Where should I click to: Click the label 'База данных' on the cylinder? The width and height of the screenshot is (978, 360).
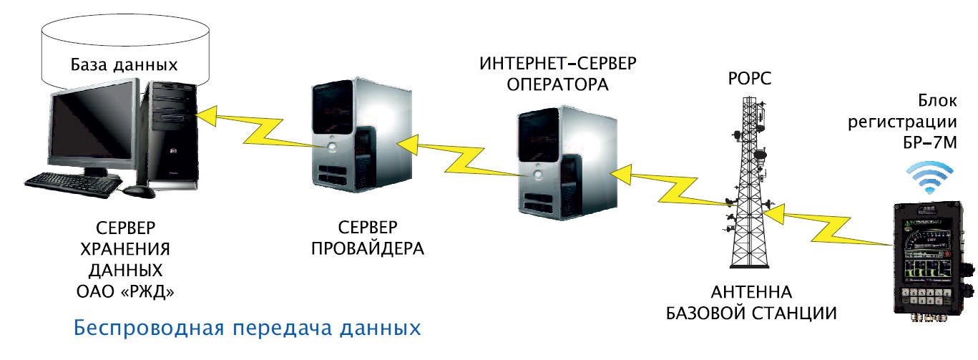[123, 65]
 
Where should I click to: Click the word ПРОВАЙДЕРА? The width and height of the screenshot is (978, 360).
[368, 249]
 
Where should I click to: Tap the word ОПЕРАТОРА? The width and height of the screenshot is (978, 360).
[557, 85]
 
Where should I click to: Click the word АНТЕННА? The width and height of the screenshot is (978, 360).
[751, 293]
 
